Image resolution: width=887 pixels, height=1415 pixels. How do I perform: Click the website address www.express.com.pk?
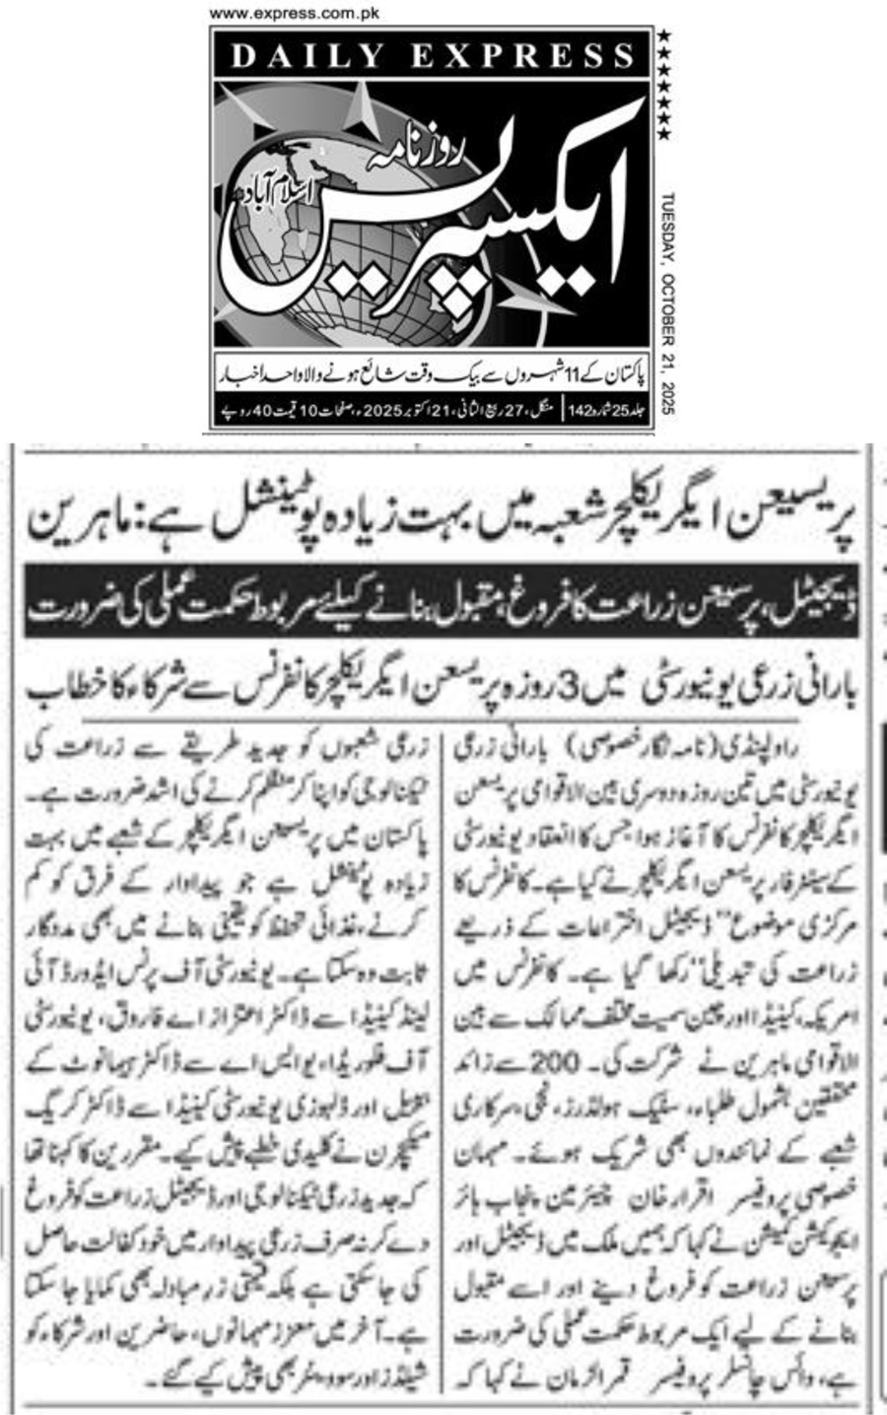pos(295,14)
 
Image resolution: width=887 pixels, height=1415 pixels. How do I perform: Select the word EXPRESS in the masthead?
pos(522,55)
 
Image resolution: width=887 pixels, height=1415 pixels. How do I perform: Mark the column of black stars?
pos(664,85)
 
